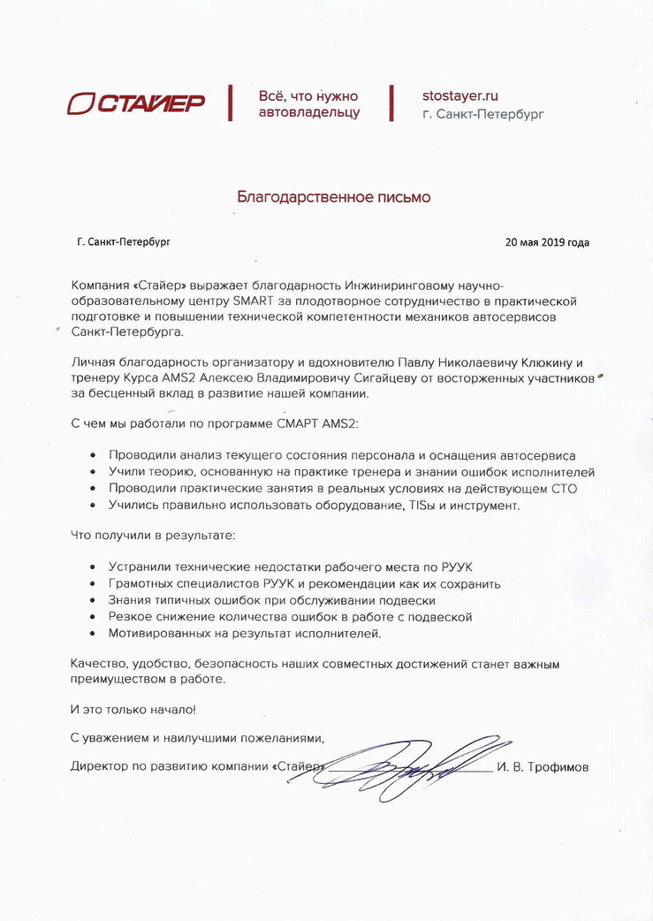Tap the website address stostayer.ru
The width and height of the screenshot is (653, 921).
click(460, 95)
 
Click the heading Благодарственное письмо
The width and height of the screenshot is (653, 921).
click(333, 197)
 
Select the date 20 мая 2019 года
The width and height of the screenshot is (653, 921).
click(547, 242)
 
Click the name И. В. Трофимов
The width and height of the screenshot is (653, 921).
click(543, 767)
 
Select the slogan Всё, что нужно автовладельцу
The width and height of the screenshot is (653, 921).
click(308, 103)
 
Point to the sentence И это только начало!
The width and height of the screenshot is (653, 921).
click(133, 709)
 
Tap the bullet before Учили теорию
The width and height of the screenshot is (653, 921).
click(94, 473)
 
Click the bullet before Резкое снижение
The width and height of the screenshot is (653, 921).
click(94, 617)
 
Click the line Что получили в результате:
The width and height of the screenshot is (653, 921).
click(153, 535)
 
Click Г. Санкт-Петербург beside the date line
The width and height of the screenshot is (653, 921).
click(124, 242)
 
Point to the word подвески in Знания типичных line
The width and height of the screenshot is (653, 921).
click(407, 600)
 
